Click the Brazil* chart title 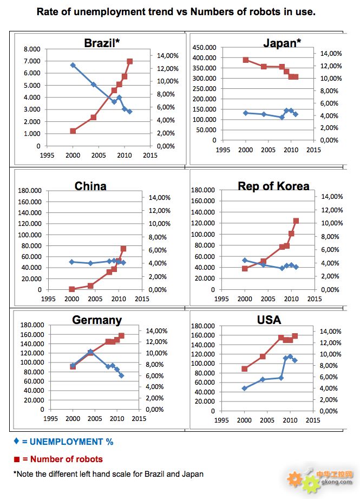click(x=101, y=43)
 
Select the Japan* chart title click(x=282, y=43)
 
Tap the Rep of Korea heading click(x=273, y=186)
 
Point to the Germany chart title click(x=97, y=320)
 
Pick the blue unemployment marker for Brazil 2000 click(x=73, y=65)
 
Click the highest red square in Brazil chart click(x=129, y=61)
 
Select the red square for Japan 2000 click(x=246, y=60)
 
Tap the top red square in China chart click(x=123, y=249)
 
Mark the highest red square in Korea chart click(x=296, y=221)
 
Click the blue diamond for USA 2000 click(x=245, y=388)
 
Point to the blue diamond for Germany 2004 click(x=90, y=352)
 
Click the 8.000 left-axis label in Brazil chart click(x=31, y=49)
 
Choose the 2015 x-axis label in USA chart click(x=312, y=419)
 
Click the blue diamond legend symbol click(x=16, y=441)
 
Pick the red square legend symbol click(x=16, y=459)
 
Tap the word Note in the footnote click(x=27, y=474)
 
